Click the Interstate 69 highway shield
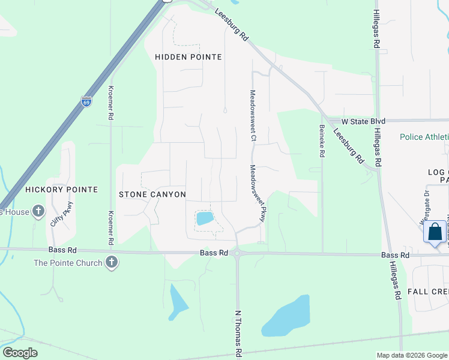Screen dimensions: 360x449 click(x=86, y=101)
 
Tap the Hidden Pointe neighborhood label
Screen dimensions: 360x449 click(x=188, y=57)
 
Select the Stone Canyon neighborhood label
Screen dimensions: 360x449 click(x=152, y=194)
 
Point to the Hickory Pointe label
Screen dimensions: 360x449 click(x=61, y=190)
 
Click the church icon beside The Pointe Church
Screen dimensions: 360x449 click(x=111, y=262)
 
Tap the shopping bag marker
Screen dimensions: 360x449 click(x=435, y=232)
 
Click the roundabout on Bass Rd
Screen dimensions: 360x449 click(x=238, y=254)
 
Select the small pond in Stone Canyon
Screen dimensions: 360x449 click(x=205, y=218)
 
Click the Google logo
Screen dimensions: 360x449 click(x=20, y=353)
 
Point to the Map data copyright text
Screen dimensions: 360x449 click(x=412, y=355)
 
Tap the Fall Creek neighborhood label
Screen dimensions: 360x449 click(x=428, y=291)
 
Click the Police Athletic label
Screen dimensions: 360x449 click(x=424, y=137)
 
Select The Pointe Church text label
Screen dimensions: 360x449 click(x=68, y=262)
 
